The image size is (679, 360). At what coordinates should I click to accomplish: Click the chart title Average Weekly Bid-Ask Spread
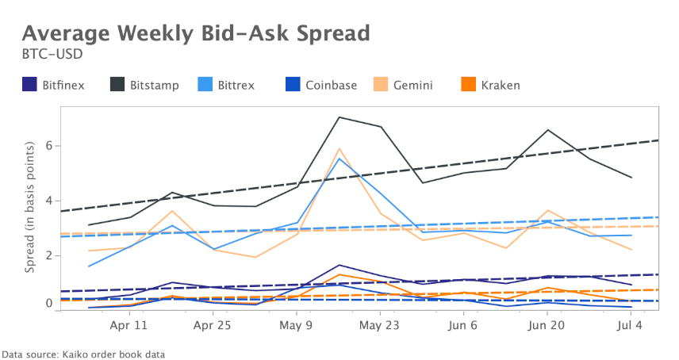(x=195, y=33)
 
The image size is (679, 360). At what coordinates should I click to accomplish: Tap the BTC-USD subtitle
(x=52, y=56)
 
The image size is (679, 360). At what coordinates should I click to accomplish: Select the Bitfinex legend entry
(x=55, y=85)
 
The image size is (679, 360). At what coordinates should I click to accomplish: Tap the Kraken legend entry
(x=491, y=85)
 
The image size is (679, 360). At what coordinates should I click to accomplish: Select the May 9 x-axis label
(x=296, y=325)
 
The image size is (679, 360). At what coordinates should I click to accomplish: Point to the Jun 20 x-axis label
(x=547, y=325)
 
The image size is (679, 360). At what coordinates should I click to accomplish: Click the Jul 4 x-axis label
(x=630, y=325)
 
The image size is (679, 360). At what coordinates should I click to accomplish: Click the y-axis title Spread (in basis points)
(x=30, y=208)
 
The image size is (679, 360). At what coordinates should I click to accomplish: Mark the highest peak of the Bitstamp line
(x=339, y=117)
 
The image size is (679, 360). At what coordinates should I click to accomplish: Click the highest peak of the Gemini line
(x=339, y=148)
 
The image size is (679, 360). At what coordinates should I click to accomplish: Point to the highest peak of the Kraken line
(x=339, y=274)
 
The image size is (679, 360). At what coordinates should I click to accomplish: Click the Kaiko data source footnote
(x=83, y=353)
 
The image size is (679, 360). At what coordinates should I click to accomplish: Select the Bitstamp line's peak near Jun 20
(x=548, y=130)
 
